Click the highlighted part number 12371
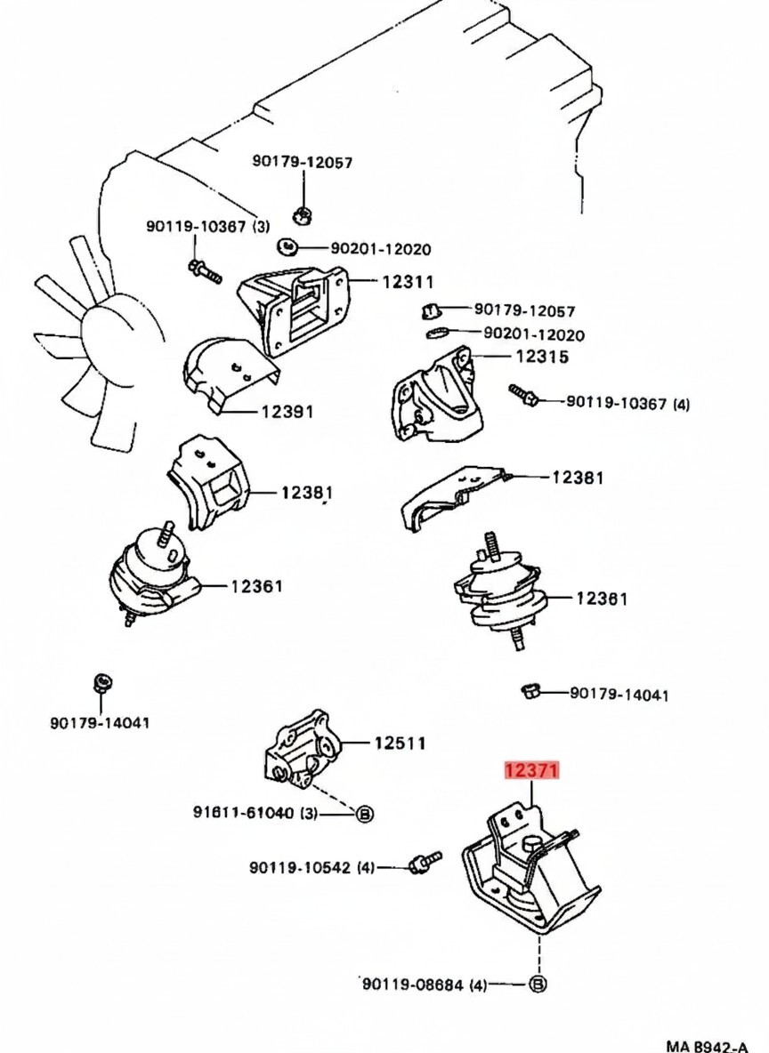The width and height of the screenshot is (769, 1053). (533, 770)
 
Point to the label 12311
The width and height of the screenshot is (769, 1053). (408, 282)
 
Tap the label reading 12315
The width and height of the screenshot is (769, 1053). (542, 357)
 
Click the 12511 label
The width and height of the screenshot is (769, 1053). (400, 742)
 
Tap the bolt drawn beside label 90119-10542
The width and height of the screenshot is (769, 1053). (422, 861)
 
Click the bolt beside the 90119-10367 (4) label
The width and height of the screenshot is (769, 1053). (522, 393)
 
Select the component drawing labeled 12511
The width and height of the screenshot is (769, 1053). (300, 750)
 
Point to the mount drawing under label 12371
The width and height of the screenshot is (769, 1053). (533, 871)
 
